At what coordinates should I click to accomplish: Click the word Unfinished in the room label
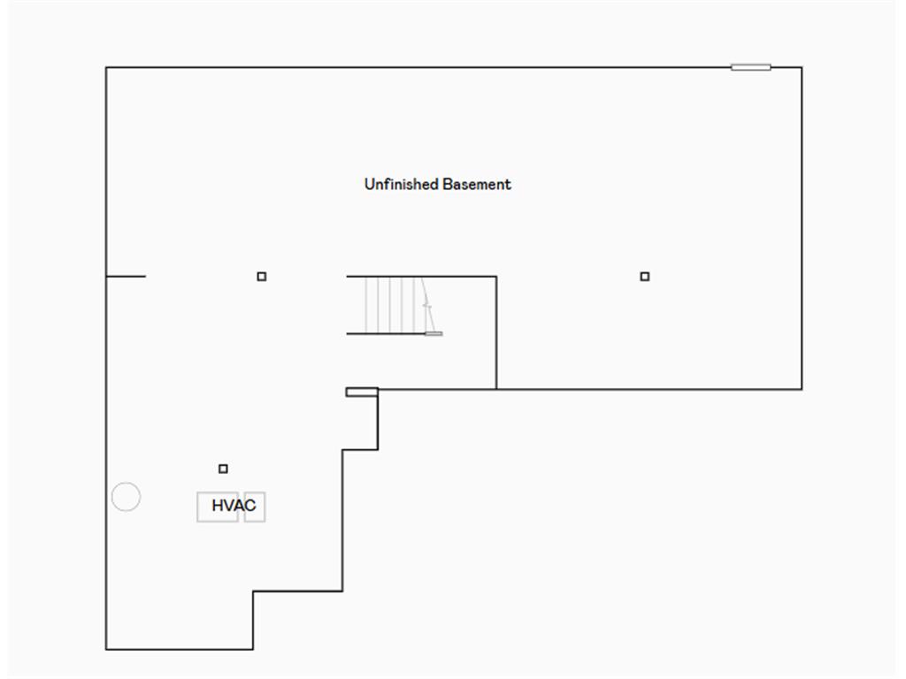402,184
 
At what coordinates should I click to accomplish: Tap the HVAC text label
234,506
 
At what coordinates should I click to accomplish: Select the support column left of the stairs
262,277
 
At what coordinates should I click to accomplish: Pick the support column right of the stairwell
645,277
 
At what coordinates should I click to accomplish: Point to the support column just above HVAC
223,469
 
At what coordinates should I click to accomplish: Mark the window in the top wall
750,67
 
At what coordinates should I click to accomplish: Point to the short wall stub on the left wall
126,277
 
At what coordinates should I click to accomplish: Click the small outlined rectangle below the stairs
362,392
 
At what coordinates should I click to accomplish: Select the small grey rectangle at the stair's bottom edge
434,333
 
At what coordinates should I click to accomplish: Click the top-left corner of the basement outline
106,67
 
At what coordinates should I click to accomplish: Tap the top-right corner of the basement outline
802,67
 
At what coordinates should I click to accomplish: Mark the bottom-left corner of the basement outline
106,649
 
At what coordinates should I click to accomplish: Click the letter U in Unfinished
370,184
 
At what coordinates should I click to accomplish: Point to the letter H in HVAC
218,506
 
